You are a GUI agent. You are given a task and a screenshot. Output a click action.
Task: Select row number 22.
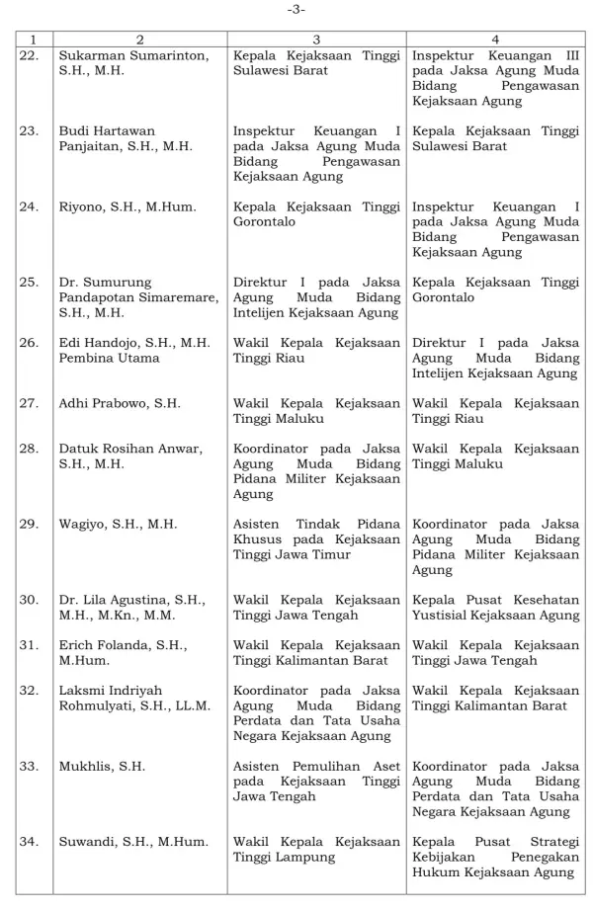pos(31,54)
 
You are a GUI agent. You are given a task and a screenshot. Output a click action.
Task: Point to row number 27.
pos(31,403)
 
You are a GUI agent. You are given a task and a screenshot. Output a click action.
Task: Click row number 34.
pos(31,842)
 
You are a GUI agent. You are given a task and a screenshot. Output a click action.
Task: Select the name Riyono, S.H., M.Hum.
pos(127,207)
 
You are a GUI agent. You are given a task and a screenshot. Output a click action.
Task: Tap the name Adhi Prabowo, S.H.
pos(120,403)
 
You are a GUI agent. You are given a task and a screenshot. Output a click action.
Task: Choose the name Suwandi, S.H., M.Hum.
pos(133,842)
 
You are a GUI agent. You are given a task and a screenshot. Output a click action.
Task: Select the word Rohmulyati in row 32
pos(97,705)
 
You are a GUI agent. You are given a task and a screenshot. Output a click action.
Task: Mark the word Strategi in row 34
pos(550,842)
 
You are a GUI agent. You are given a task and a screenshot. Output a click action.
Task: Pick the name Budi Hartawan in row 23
pos(107,130)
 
